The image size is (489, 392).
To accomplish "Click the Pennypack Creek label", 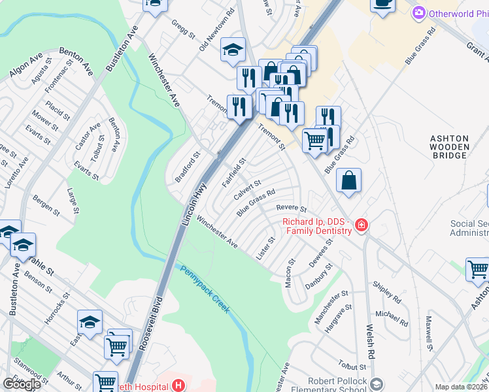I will [x=205, y=288].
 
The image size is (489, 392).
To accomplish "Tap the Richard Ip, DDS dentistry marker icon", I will [x=360, y=226].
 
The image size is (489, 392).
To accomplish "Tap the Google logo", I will [x=22, y=384].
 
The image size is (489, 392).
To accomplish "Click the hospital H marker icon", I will [x=178, y=385].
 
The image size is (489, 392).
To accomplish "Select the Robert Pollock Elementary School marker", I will [x=376, y=384].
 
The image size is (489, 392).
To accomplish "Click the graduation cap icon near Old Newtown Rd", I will [x=232, y=50].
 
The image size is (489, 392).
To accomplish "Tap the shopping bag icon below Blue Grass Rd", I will [x=350, y=180].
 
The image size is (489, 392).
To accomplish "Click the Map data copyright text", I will [x=461, y=387].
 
